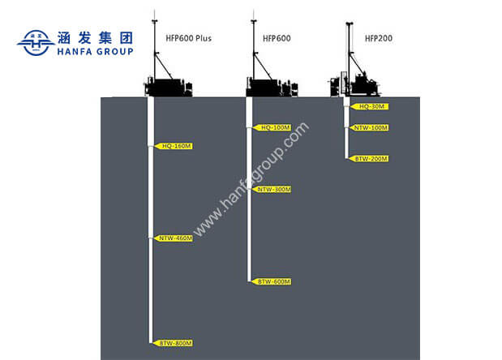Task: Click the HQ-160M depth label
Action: click(174, 146)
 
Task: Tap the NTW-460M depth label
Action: click(174, 238)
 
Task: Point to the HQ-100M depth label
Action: click(273, 127)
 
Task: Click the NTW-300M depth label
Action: click(273, 190)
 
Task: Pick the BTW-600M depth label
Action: click(273, 281)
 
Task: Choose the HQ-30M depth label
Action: click(371, 106)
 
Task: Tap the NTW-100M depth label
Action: click(371, 127)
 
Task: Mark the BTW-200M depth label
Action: click(371, 159)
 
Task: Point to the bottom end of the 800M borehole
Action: click(151, 342)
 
